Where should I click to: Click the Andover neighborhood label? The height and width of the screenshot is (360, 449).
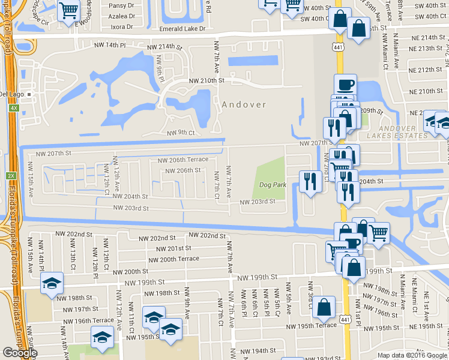click(x=244, y=104)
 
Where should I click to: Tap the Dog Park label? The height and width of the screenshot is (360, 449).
click(x=273, y=185)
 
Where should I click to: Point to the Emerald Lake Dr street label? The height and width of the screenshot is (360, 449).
click(x=182, y=28)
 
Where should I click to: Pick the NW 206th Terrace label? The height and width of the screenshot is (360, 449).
click(x=182, y=160)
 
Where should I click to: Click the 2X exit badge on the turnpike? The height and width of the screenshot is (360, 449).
click(x=11, y=175)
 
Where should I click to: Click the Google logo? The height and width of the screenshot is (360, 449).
click(x=20, y=353)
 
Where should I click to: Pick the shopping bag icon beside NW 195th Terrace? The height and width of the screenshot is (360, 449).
click(x=324, y=308)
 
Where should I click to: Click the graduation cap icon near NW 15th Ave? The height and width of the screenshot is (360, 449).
click(x=52, y=282)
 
